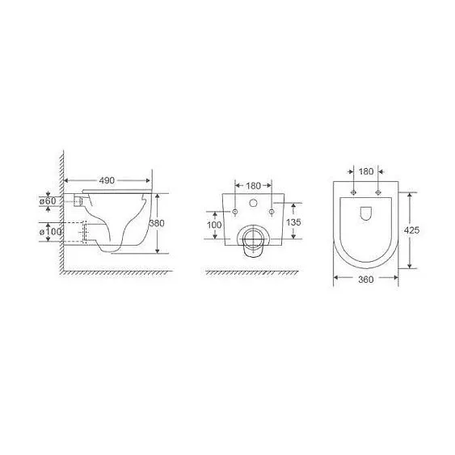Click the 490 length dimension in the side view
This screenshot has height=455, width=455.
[x=107, y=181]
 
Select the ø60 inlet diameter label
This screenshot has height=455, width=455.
[x=48, y=200]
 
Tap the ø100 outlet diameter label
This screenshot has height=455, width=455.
[x=50, y=233]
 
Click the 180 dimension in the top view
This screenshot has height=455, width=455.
[x=366, y=171]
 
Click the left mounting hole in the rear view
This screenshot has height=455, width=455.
[x=234, y=212]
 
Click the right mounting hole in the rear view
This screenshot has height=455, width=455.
[x=272, y=212]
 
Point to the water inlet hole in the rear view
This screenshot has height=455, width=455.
[x=253, y=203]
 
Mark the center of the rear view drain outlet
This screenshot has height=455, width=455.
[x=253, y=238]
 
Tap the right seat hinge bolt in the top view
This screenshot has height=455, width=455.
[x=377, y=193]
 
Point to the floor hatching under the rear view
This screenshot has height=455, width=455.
[x=251, y=273]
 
